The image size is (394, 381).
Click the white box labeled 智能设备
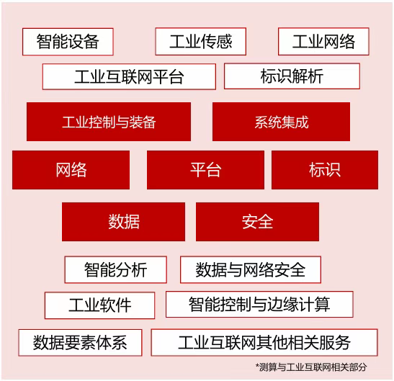68,42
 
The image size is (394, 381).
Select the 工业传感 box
200,42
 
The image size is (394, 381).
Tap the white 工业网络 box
323,42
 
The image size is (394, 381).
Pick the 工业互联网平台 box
129,76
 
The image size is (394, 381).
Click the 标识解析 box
292,76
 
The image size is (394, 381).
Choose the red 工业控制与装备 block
109,122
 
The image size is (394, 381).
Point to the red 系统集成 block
281,122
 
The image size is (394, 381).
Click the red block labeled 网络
71,170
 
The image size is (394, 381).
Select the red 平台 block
205,170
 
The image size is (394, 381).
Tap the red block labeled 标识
325,170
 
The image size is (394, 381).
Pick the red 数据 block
123,222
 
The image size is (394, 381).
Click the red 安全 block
257,222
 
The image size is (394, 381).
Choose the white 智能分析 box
115,270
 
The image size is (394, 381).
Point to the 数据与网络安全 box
251,270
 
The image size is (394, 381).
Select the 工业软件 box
99,305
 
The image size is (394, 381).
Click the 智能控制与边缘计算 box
259,305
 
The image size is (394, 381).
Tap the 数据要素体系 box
80,343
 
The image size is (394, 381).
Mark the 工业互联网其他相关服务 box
264,342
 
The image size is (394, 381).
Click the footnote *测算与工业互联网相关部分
311,367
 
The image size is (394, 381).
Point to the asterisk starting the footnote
257,365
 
